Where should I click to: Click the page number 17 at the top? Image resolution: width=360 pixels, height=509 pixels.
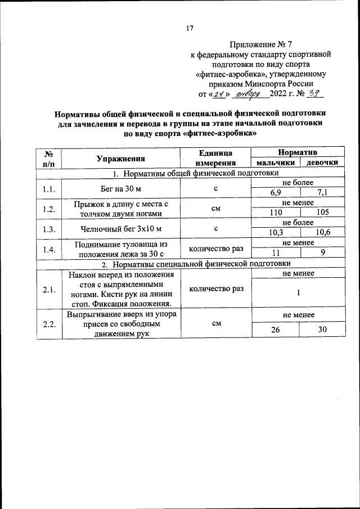190,29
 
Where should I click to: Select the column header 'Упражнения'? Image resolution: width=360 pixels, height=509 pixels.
120,159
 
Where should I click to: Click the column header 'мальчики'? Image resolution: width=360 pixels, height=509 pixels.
275,163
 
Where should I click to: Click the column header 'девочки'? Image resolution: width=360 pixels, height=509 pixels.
322,163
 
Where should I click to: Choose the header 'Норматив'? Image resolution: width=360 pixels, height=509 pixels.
298,152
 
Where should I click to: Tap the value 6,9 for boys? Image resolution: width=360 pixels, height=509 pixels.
276,193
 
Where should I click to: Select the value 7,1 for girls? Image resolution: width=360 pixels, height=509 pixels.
323,193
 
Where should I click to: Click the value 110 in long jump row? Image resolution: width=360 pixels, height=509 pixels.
276,213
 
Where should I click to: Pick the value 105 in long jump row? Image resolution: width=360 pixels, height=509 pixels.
323,213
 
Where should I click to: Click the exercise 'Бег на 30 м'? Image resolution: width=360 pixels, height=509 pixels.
120,188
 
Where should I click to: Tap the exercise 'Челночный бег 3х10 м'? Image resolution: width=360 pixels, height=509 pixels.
120,228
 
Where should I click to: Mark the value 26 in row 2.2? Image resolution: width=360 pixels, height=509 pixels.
276,330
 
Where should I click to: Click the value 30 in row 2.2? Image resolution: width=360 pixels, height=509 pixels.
323,330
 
